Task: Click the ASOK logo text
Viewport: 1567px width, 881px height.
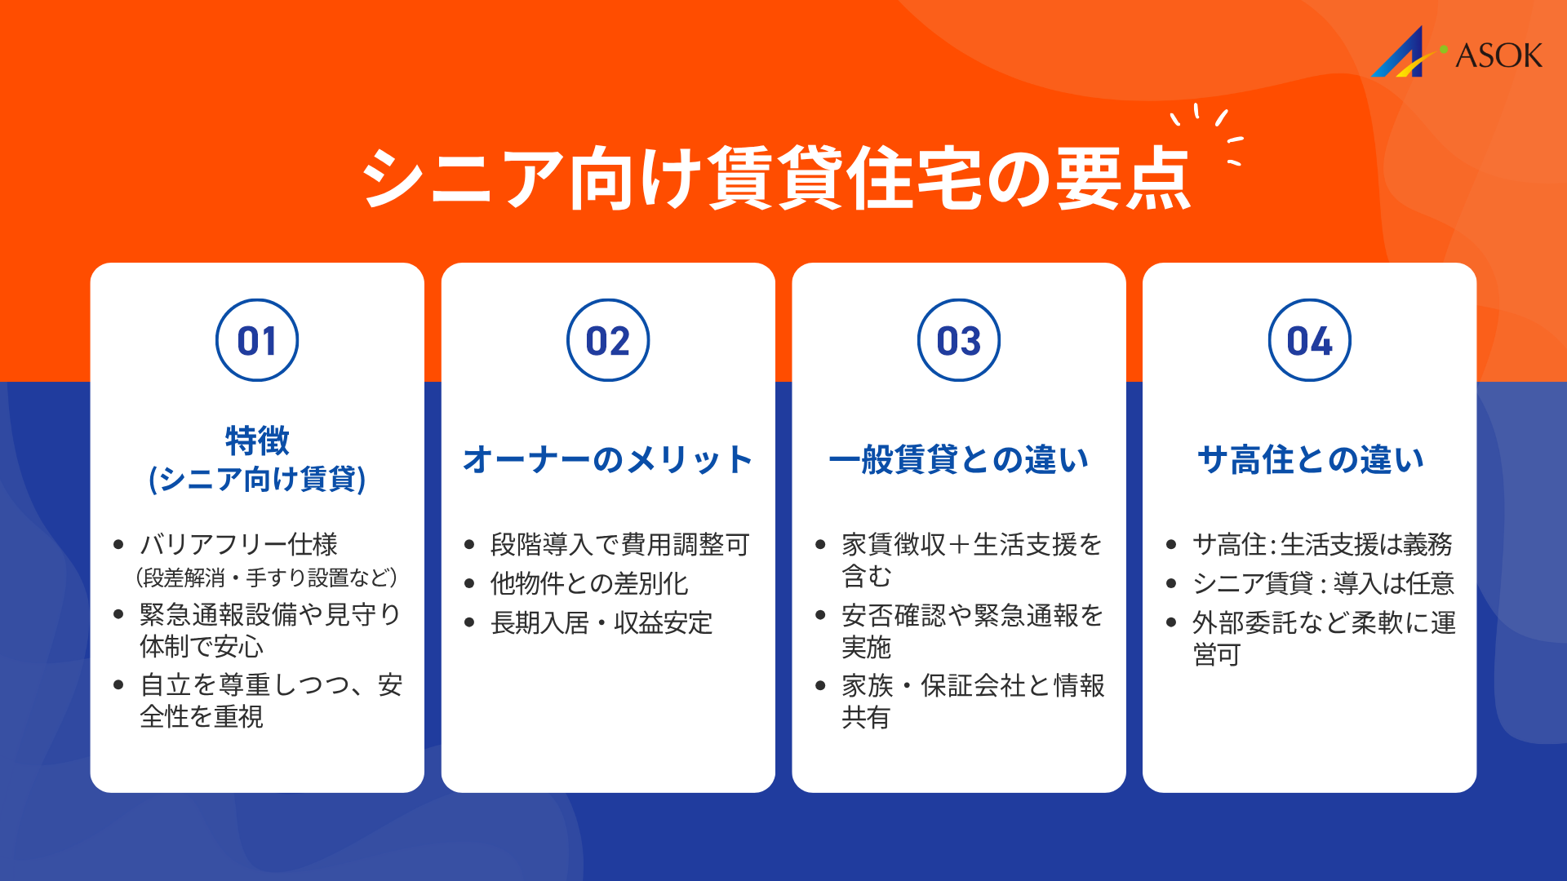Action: click(x=1498, y=55)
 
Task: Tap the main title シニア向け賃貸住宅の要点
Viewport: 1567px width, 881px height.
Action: click(x=776, y=178)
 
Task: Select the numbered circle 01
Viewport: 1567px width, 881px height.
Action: click(x=257, y=340)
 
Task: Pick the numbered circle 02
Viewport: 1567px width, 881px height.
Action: click(x=608, y=340)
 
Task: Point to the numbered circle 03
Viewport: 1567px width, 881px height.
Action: click(x=959, y=340)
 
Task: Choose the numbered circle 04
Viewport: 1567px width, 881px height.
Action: click(x=1310, y=340)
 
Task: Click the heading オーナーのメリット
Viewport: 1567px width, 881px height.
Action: click(x=608, y=460)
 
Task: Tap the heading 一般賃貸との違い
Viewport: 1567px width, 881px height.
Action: click(x=959, y=460)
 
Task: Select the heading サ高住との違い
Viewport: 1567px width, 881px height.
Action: click(x=1310, y=460)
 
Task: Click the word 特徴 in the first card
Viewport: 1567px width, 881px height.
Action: click(x=257, y=440)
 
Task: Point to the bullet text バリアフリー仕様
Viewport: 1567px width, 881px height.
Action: click(x=238, y=544)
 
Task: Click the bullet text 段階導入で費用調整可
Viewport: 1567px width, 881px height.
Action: click(x=619, y=544)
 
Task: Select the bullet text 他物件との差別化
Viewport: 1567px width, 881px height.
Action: click(x=589, y=583)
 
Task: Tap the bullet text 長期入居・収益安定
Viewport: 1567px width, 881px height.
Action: click(x=601, y=623)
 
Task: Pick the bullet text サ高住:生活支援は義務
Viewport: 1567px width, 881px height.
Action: click(x=1322, y=544)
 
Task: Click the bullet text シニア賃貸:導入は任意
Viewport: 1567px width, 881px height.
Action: click(x=1323, y=583)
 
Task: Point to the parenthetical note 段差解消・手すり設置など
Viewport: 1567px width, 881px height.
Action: click(x=267, y=578)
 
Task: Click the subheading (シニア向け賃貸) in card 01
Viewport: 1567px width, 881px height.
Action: click(x=257, y=479)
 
